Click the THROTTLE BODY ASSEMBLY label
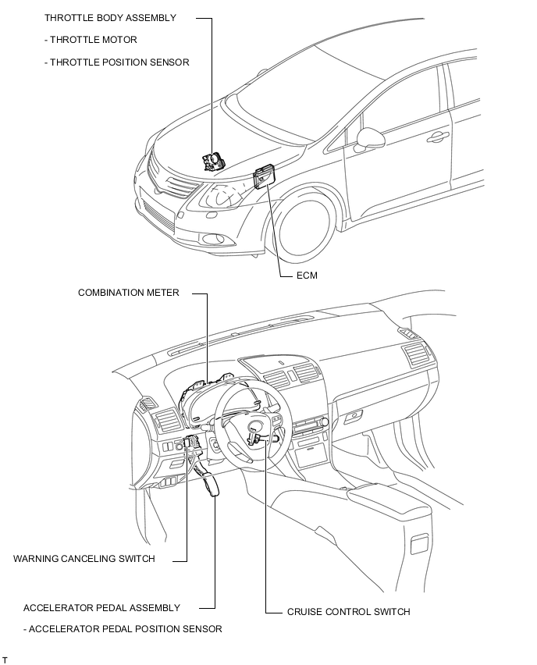pyautogui.click(x=110, y=18)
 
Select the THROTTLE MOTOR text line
pyautogui.click(x=91, y=40)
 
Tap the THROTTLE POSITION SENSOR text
pyautogui.click(x=116, y=62)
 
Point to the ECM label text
pyautogui.click(x=307, y=276)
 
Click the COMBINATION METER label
pyautogui.click(x=129, y=293)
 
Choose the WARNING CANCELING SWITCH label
pyautogui.click(x=84, y=559)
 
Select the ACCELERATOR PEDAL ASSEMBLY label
pyautogui.click(x=101, y=608)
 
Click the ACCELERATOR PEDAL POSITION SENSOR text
pyautogui.click(x=123, y=629)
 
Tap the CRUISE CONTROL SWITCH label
pyautogui.click(x=349, y=612)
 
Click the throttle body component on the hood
pyautogui.click(x=214, y=162)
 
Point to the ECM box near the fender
pyautogui.click(x=263, y=176)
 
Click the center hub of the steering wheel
pyautogui.click(x=257, y=428)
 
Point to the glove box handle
pyautogui.click(x=353, y=416)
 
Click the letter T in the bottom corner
pyautogui.click(x=5, y=660)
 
